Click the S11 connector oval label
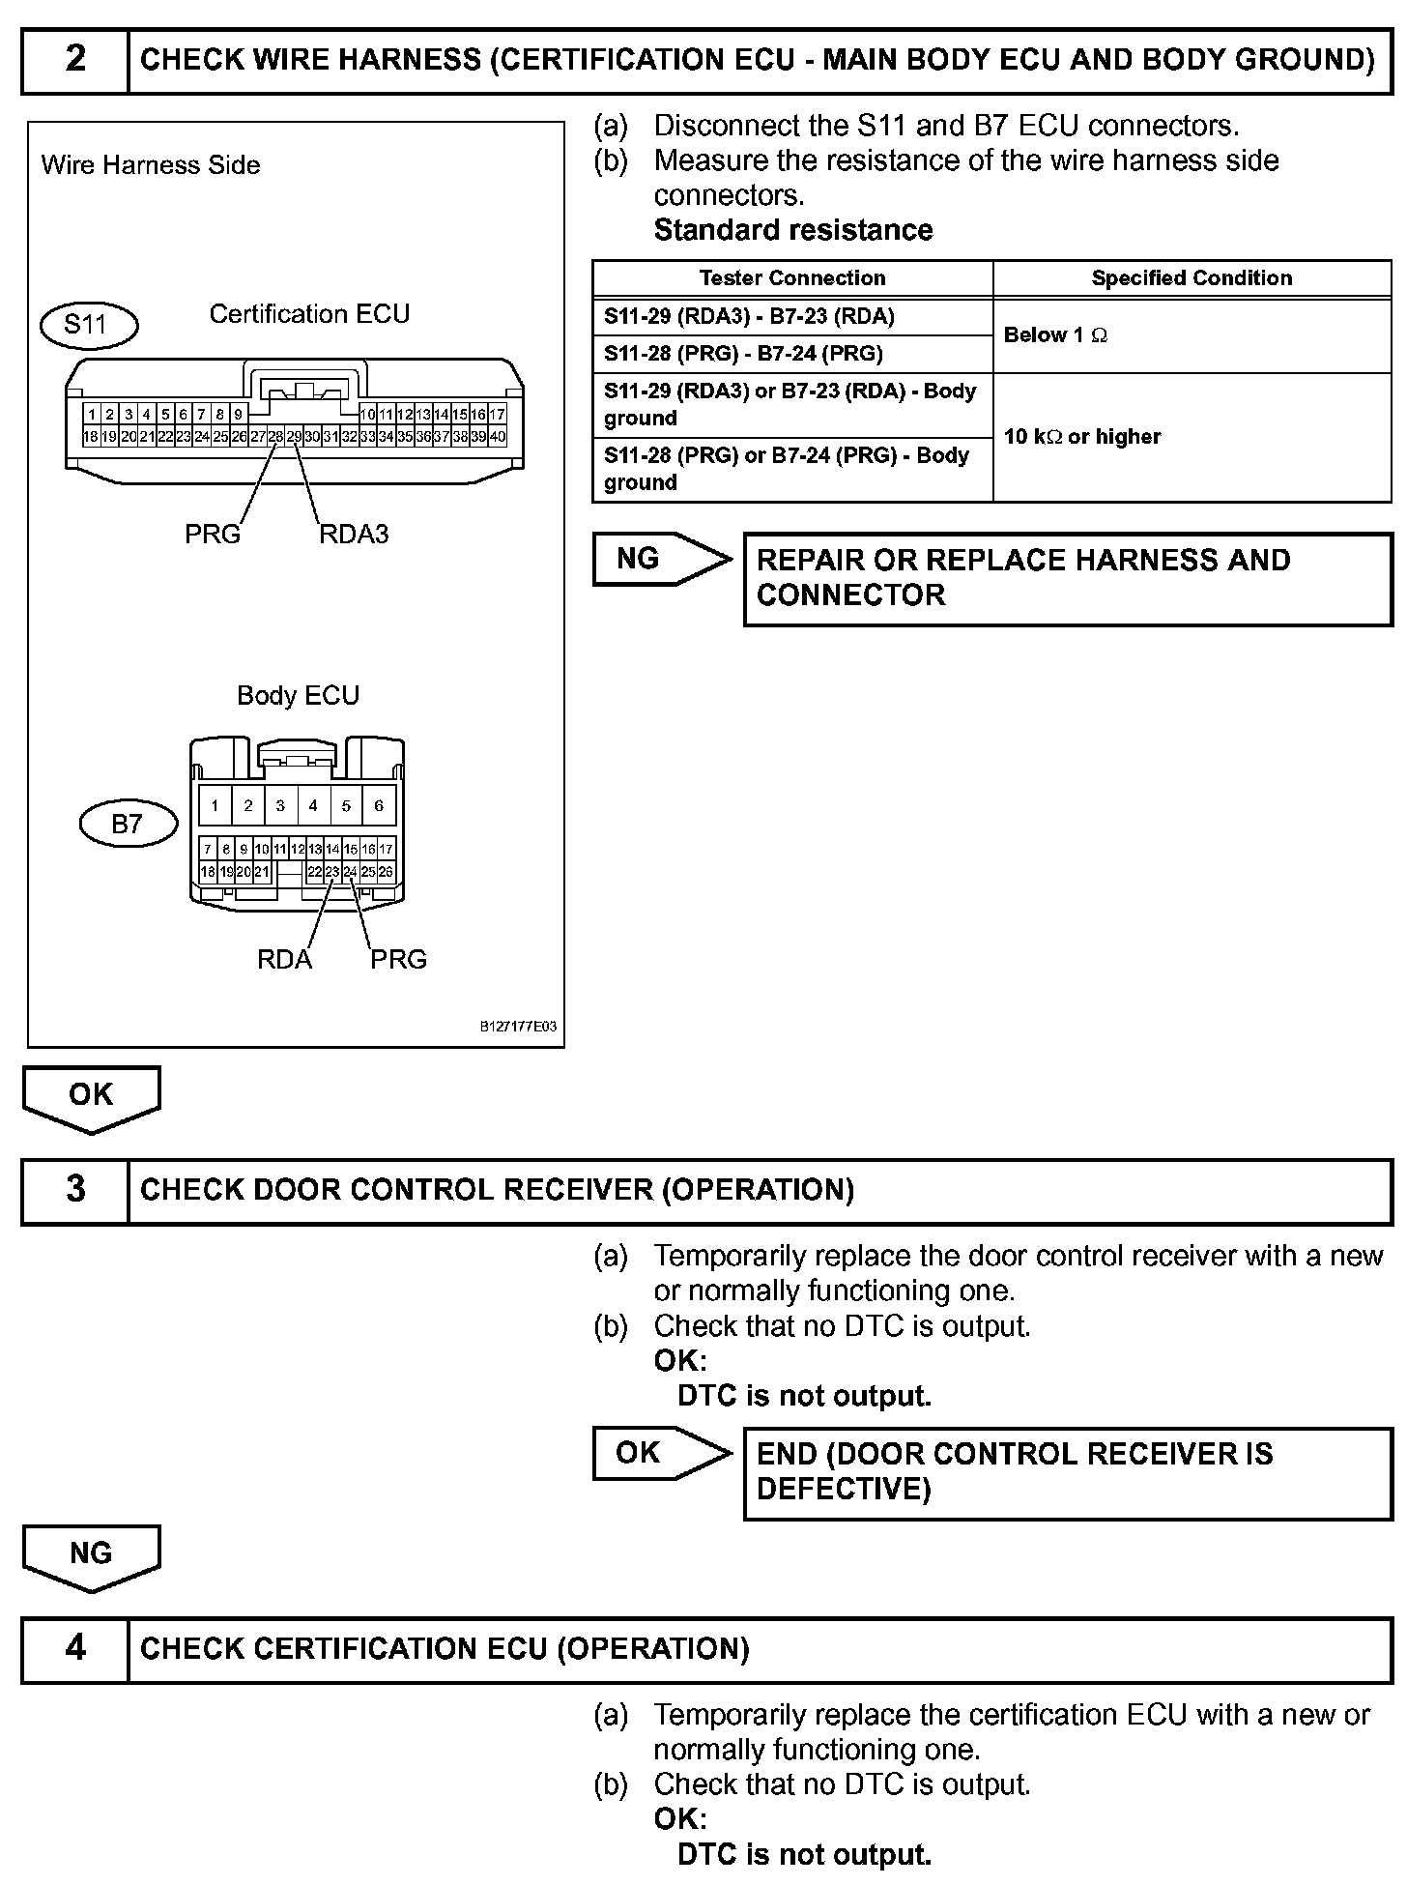pos(88,324)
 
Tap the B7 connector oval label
pos(128,824)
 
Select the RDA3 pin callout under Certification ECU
pos(354,535)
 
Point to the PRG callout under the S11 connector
pos(213,535)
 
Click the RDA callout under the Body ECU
pos(284,959)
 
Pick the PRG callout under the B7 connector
pos(398,959)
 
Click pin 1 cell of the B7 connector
pos(215,805)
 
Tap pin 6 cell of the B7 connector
pos(379,805)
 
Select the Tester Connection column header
pos(792,278)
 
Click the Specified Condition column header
pos(1192,278)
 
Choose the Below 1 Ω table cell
pos(1055,335)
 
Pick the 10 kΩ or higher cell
pos(1082,437)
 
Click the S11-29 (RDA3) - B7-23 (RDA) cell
pos(749,316)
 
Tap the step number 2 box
pos(75,60)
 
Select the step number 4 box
pos(75,1648)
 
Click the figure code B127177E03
pos(518,1027)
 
